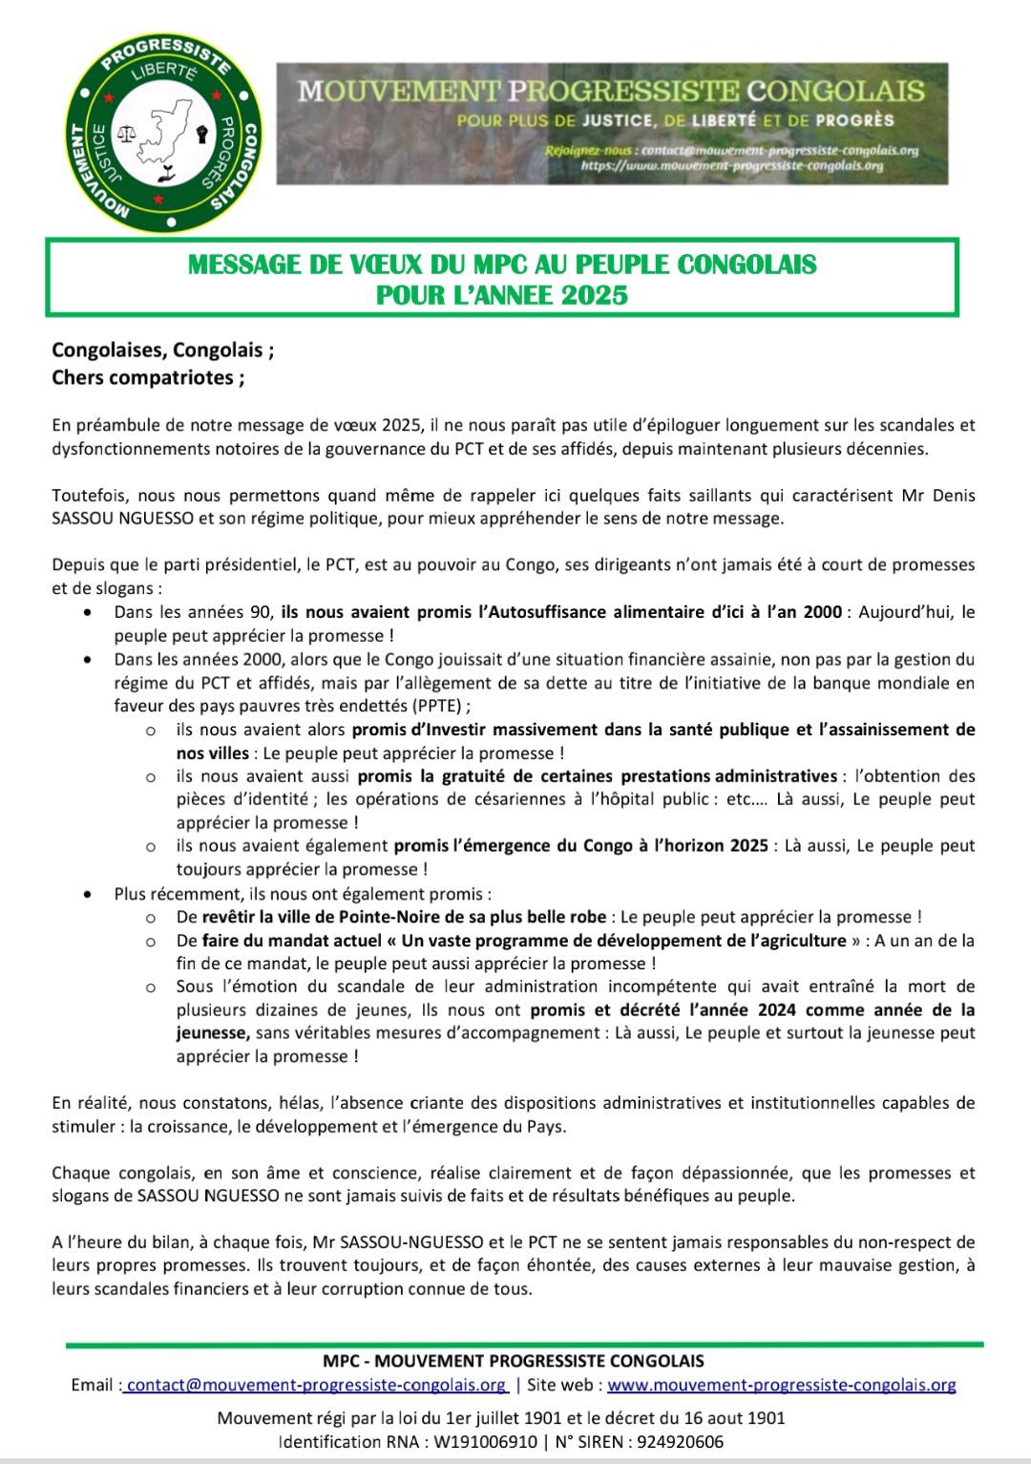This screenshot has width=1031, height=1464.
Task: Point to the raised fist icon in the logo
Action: (200, 133)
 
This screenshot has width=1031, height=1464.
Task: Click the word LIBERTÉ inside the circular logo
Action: (164, 77)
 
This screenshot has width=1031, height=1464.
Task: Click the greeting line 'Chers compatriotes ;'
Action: (148, 377)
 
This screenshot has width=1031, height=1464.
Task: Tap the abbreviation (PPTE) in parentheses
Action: (439, 706)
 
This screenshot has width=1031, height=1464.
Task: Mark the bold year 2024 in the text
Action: (777, 1009)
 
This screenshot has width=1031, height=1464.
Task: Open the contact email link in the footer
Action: (315, 1385)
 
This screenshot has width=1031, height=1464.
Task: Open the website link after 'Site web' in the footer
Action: (781, 1385)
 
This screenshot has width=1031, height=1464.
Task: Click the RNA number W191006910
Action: (485, 1441)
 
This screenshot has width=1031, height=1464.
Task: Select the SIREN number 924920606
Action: (676, 1441)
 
